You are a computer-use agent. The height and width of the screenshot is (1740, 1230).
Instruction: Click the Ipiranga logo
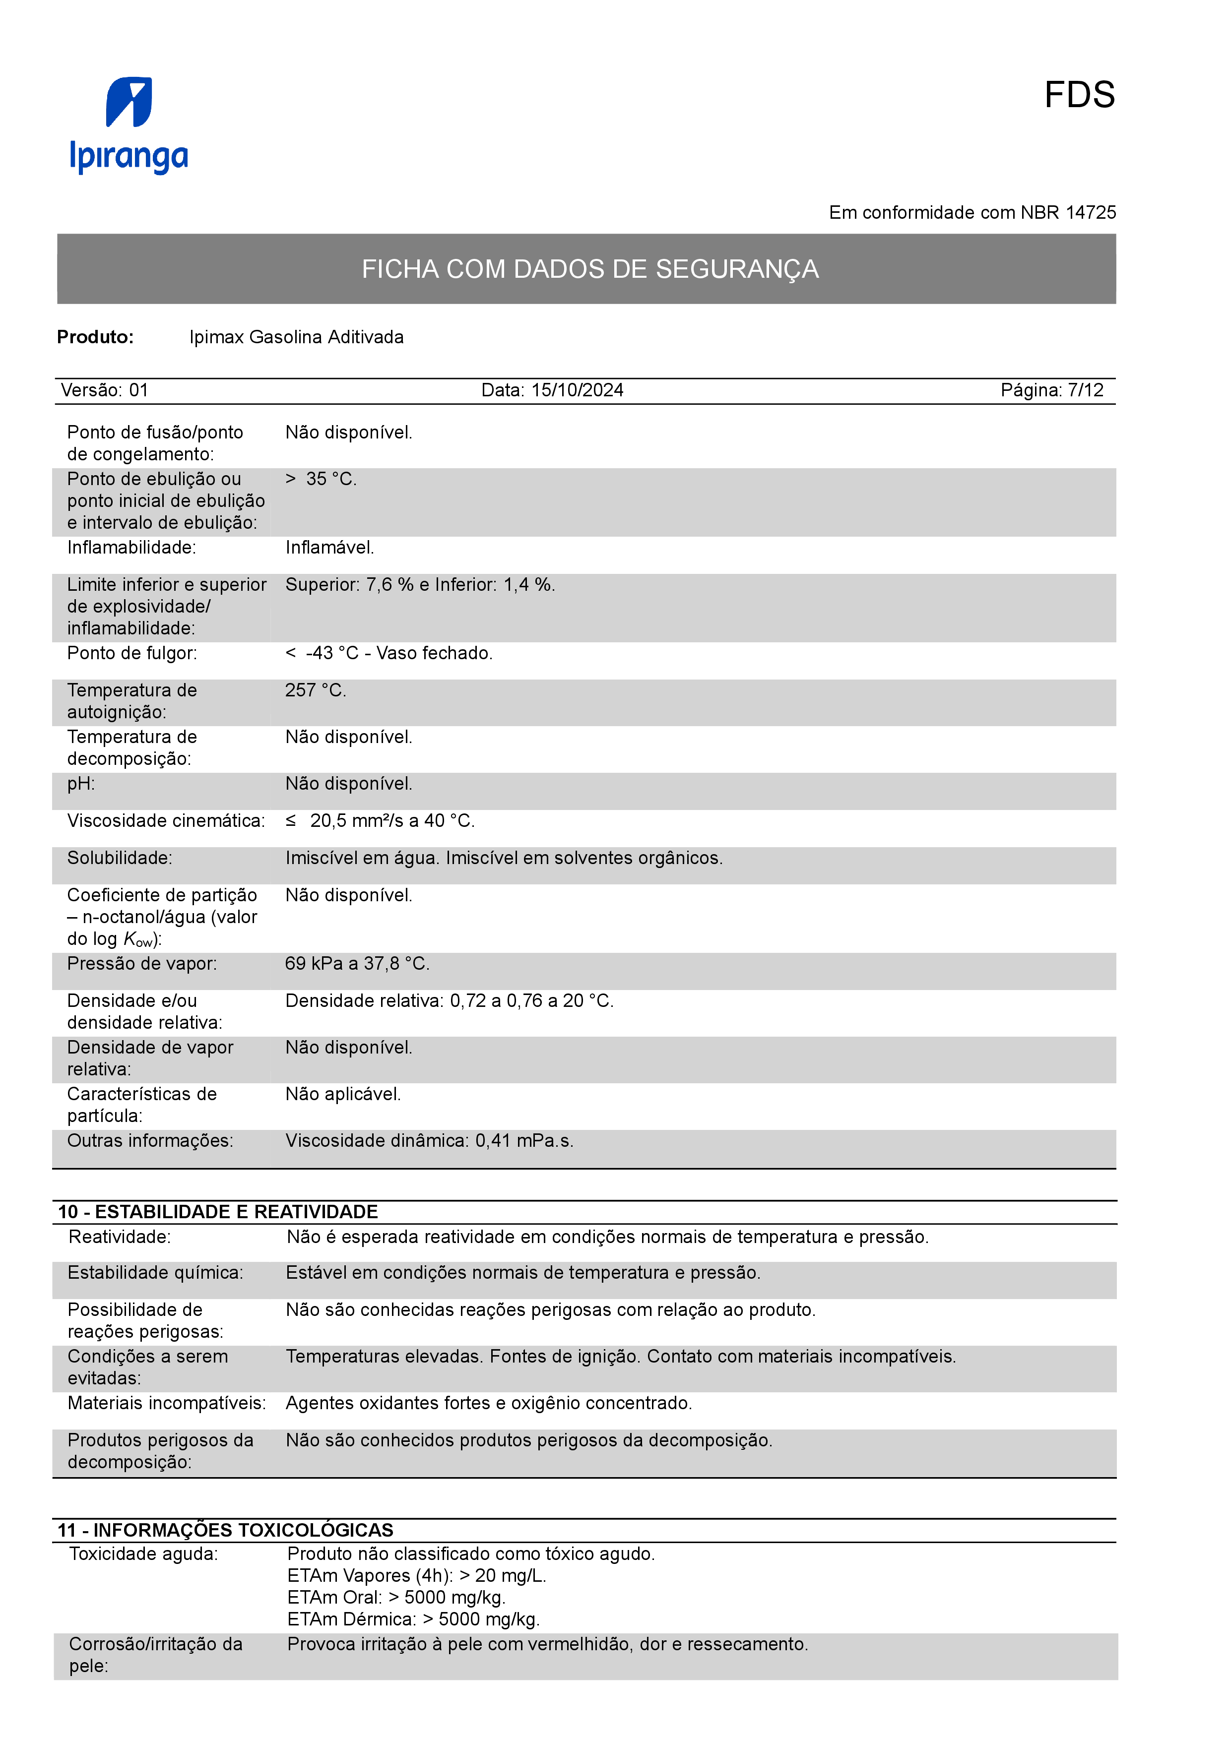tap(129, 125)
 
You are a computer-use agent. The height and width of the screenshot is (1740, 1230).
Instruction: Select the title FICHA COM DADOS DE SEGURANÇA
tap(589, 269)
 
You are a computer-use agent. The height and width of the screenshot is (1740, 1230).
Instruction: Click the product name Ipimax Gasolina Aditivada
tap(296, 337)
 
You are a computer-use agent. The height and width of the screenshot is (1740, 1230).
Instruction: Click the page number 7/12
tap(1085, 390)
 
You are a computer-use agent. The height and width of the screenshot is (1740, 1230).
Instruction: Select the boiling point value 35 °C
tap(330, 479)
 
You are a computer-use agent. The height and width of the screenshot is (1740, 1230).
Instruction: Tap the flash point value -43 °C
tap(332, 653)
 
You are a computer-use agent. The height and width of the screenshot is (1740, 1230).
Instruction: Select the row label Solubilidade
tap(120, 858)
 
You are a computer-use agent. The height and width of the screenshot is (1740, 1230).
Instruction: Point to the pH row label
tap(81, 784)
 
